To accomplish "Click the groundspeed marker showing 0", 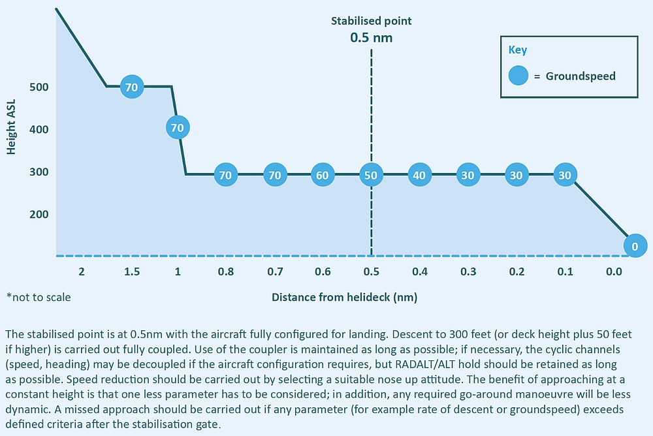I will (634, 246).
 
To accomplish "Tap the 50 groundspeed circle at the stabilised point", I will (371, 175).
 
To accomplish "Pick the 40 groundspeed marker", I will (419, 175).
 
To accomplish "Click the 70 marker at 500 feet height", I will (131, 87).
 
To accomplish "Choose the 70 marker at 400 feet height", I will (177, 128).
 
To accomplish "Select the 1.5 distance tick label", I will (131, 272).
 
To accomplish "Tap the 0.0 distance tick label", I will (614, 272).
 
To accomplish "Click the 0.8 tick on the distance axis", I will (225, 272).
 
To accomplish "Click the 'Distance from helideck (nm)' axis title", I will (344, 298).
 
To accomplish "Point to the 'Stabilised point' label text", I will (371, 21).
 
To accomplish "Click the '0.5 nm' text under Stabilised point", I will (371, 37).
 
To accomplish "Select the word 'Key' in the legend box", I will (518, 50).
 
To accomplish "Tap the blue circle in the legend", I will (518, 76).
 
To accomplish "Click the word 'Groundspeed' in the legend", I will (581, 76).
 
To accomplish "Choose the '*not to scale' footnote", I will (39, 298).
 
